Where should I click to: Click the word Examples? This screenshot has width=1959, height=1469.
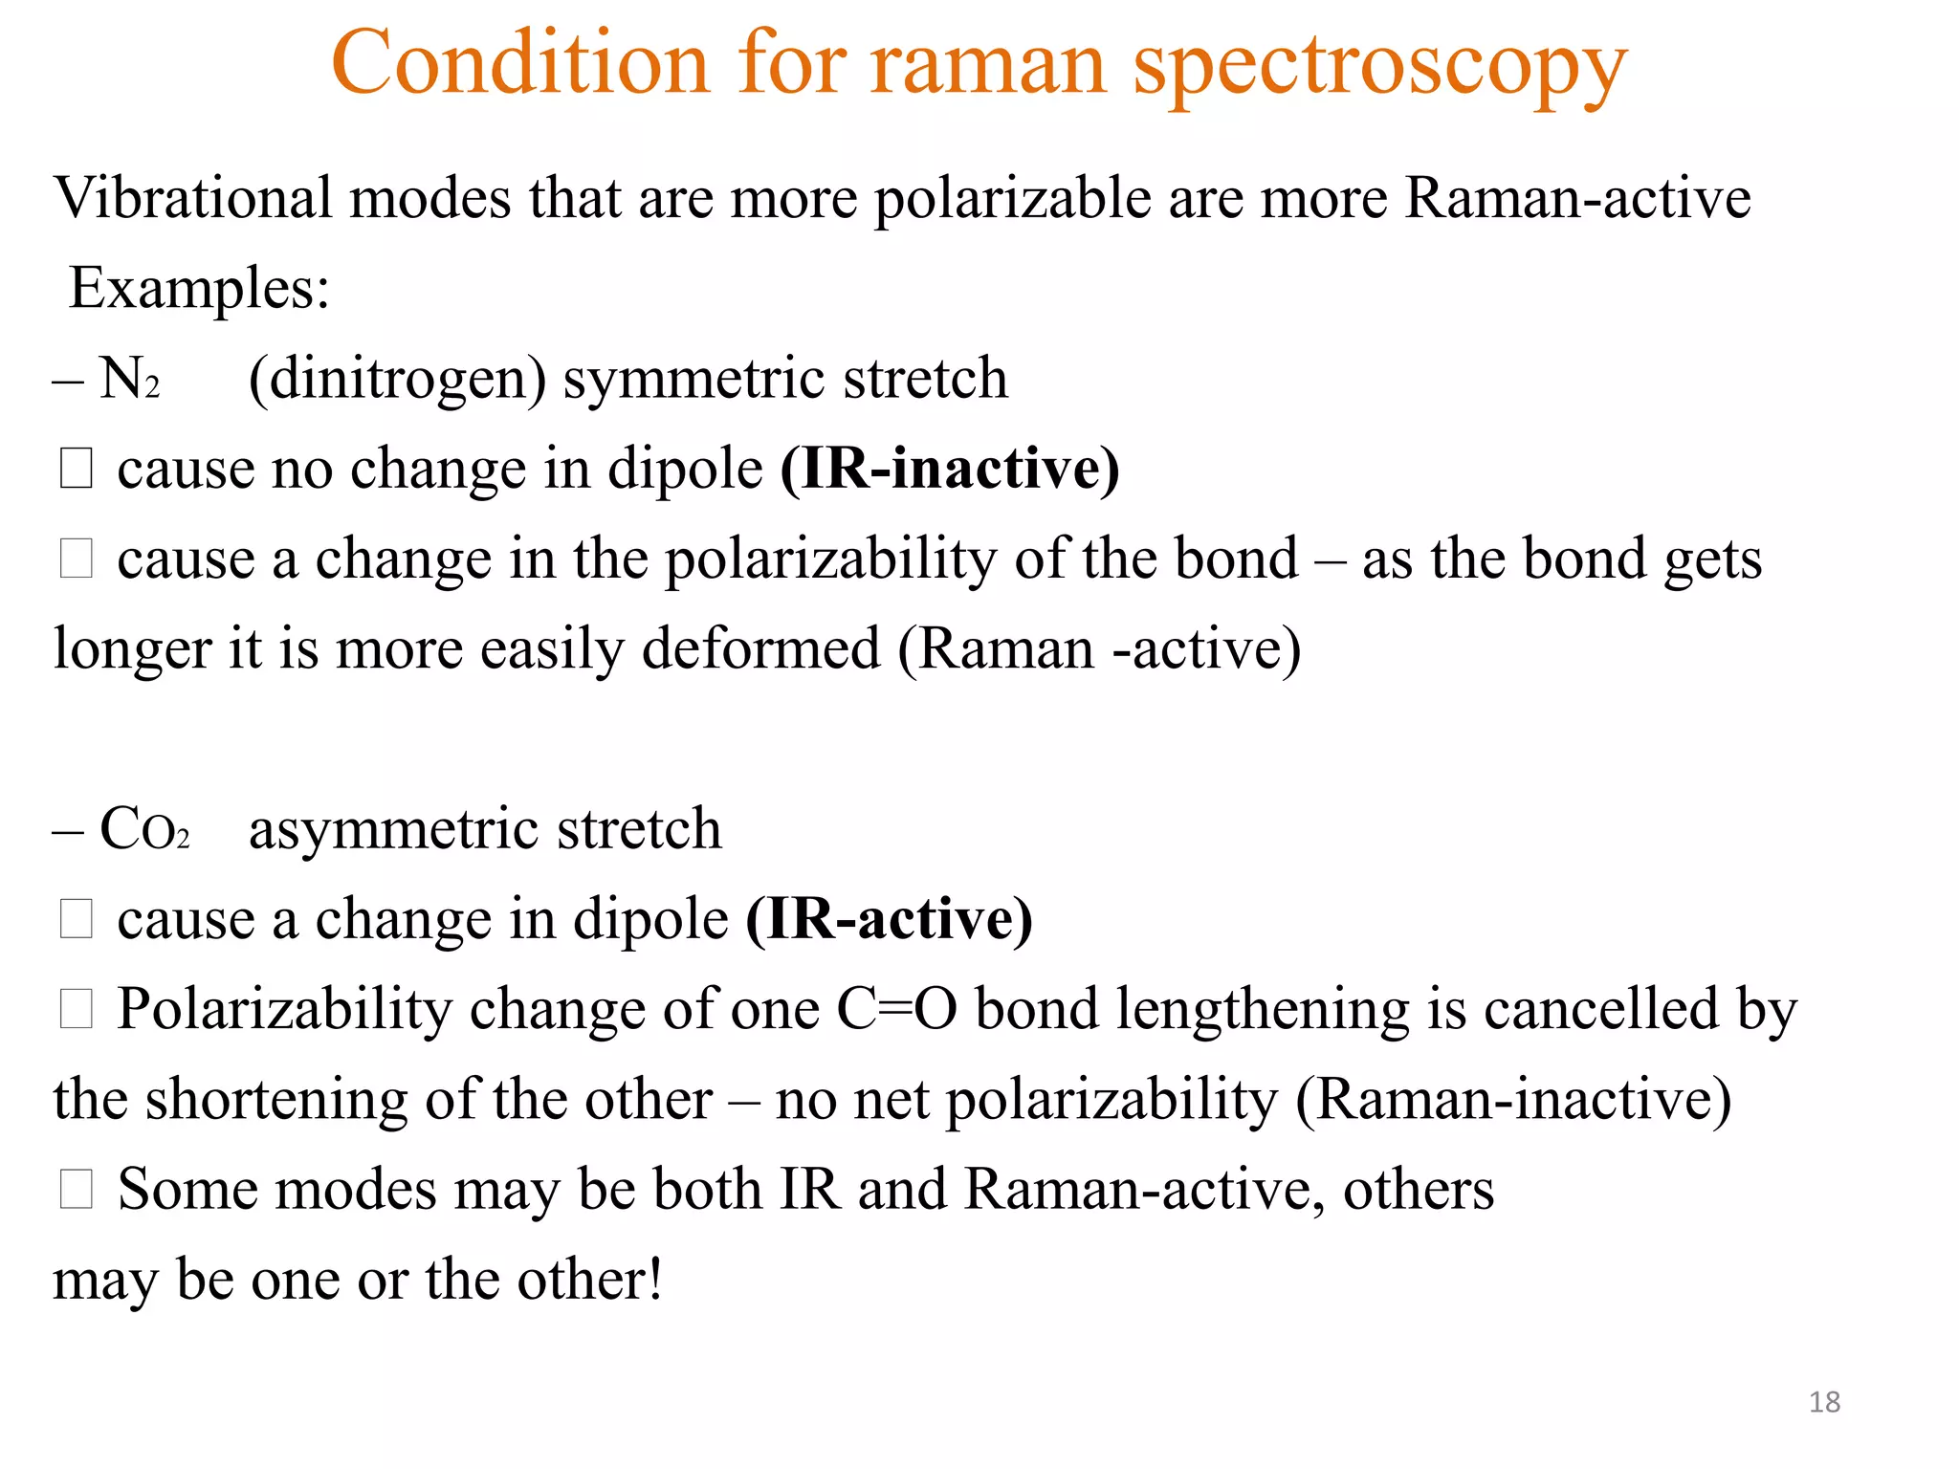(x=200, y=288)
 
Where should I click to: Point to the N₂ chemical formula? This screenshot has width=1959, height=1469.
(x=130, y=378)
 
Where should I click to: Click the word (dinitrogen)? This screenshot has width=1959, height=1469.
(x=397, y=379)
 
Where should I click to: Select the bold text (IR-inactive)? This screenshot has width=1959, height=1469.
(x=950, y=469)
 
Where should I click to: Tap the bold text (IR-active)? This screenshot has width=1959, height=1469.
(x=889, y=919)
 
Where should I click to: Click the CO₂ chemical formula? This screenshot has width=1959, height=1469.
(x=144, y=828)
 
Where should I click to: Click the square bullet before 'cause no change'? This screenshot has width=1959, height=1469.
(x=77, y=469)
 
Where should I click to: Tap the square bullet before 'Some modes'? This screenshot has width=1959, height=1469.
(x=77, y=1189)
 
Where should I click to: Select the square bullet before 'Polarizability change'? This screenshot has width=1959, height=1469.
(x=77, y=1009)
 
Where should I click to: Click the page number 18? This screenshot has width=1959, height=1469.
(x=1824, y=1402)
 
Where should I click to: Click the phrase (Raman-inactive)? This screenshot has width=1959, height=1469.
(x=1513, y=1099)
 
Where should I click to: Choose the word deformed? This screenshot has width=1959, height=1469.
(x=760, y=649)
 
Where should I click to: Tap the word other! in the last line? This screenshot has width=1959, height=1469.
(x=590, y=1279)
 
